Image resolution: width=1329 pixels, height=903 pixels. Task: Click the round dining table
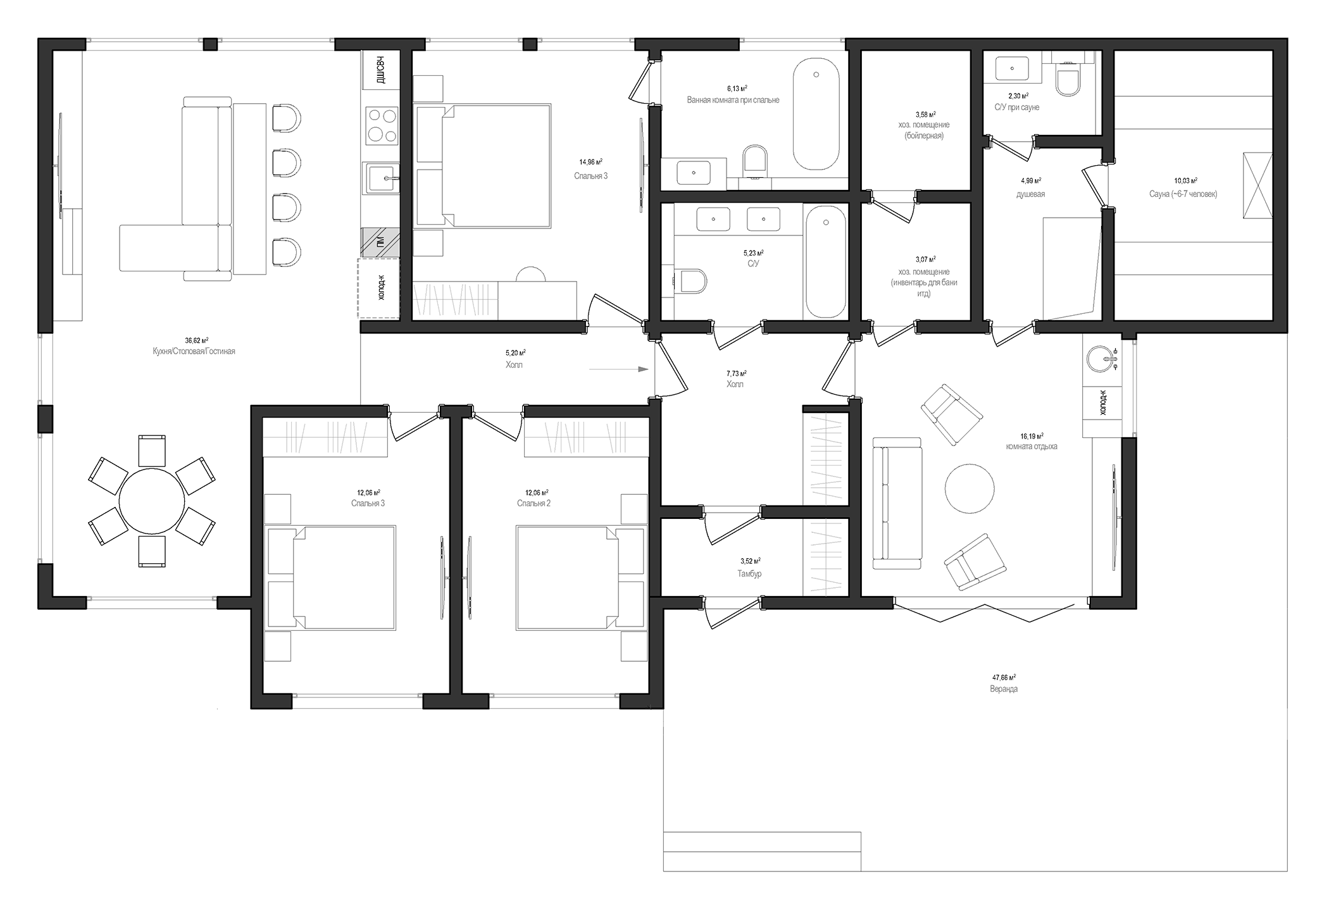coord(152,501)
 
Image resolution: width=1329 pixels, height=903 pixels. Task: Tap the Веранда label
coord(1004,689)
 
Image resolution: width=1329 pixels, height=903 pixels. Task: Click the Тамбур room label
coord(749,574)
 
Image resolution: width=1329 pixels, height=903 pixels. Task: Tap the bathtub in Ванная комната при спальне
coord(816,114)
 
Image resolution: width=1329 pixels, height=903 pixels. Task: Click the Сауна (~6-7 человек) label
coord(1183,194)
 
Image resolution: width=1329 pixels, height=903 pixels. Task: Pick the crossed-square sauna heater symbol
coord(1257,185)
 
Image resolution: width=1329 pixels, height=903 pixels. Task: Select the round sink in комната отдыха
coord(1101,359)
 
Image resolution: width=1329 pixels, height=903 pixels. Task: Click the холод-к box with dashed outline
coord(379,288)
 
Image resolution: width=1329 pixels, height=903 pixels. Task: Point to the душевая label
coord(1030,194)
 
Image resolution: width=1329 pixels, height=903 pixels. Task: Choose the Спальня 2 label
coord(533,504)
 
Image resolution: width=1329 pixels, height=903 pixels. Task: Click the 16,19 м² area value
coord(1032,436)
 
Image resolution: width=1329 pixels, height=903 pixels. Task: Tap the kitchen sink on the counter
coord(381,178)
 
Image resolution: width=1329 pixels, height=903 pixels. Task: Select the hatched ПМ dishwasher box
coord(380,242)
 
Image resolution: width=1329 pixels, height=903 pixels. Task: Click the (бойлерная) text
coord(923,135)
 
